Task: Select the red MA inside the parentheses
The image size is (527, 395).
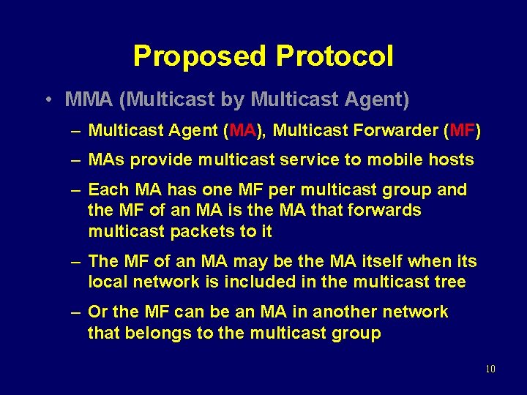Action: tap(242, 131)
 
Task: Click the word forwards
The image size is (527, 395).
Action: tap(389, 211)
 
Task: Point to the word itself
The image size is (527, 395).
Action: tap(384, 261)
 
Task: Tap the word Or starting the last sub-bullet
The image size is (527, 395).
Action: tap(98, 312)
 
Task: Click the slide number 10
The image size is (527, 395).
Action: tap(490, 369)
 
